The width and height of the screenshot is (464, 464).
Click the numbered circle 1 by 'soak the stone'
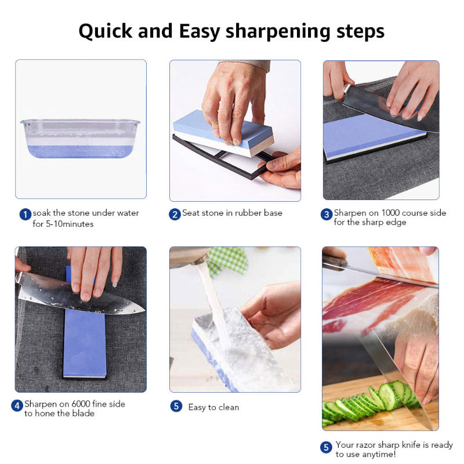coord(25,215)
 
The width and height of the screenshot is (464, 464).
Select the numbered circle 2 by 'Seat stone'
coord(175,215)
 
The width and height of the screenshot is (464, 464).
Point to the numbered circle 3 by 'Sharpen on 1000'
coord(327,215)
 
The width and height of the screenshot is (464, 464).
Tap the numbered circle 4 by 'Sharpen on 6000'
coord(17,406)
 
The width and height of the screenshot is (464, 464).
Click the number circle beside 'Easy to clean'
coord(176,406)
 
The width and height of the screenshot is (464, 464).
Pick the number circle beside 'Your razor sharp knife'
coord(327,447)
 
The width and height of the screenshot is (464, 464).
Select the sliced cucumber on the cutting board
coord(360,403)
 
